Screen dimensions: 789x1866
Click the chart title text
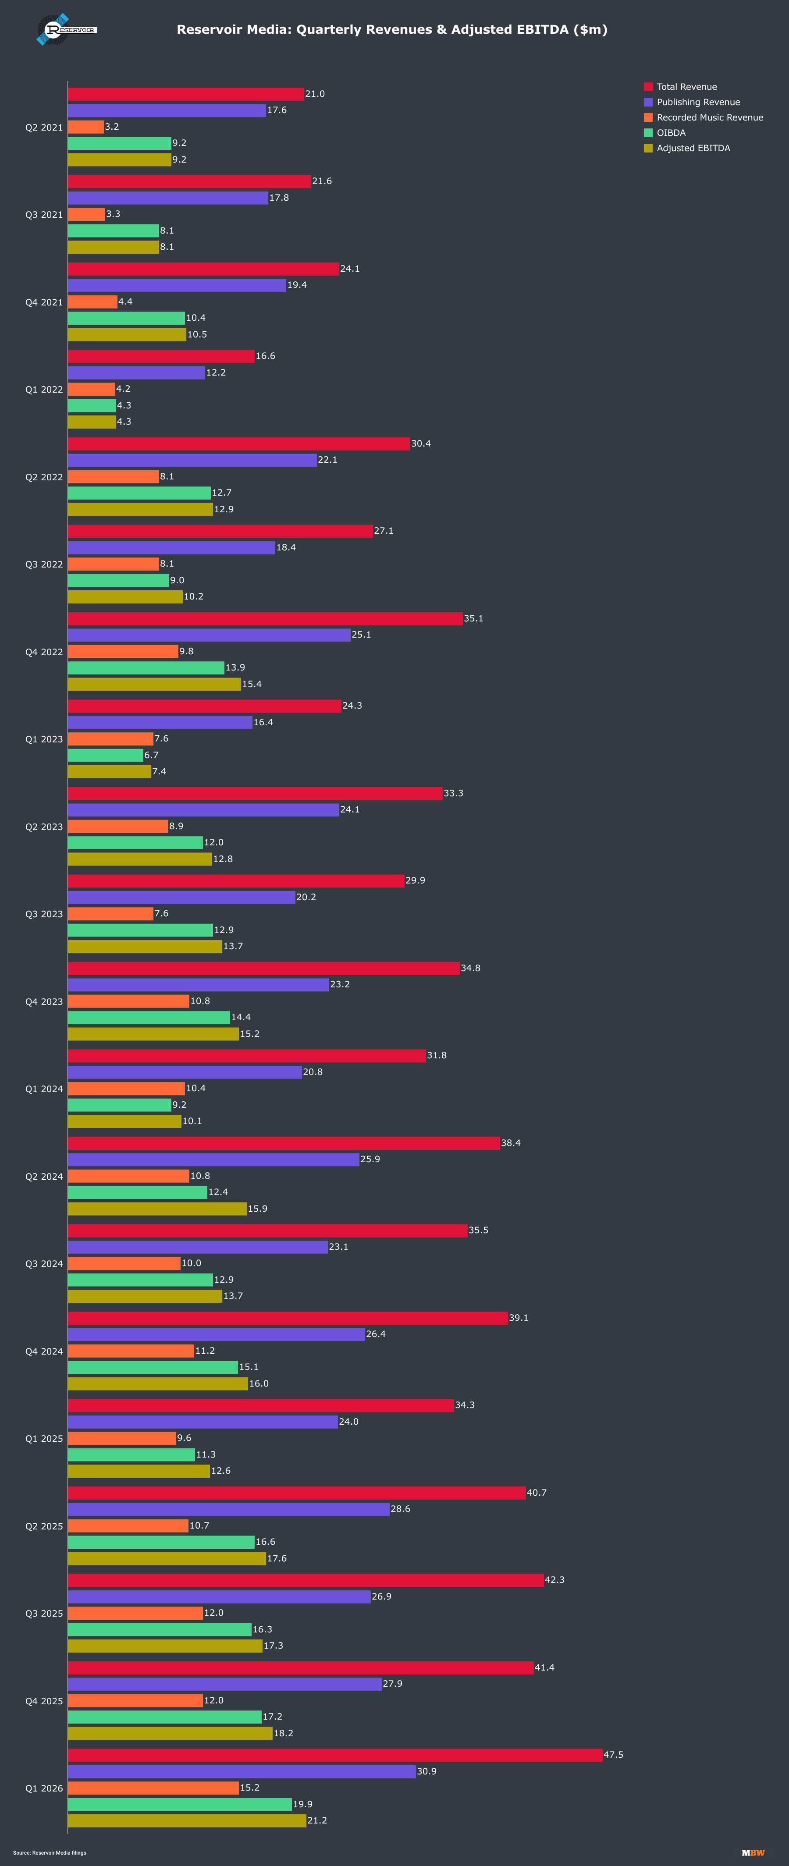point(392,30)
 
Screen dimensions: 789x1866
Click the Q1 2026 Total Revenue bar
point(335,1755)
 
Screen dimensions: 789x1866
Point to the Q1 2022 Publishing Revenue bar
point(137,372)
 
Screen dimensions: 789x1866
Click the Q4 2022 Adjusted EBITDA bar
point(154,684)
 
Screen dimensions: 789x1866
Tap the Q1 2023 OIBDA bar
point(106,755)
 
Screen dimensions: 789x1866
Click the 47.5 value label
point(614,1755)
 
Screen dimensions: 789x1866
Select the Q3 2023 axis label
point(44,914)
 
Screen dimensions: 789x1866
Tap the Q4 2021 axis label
point(44,302)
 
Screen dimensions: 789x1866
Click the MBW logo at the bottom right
point(753,1853)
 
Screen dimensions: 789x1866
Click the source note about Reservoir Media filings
point(49,1853)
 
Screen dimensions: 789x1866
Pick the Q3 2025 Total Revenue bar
point(306,1580)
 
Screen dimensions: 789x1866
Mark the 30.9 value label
point(427,1771)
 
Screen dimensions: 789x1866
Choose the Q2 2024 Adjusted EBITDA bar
point(157,1208)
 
